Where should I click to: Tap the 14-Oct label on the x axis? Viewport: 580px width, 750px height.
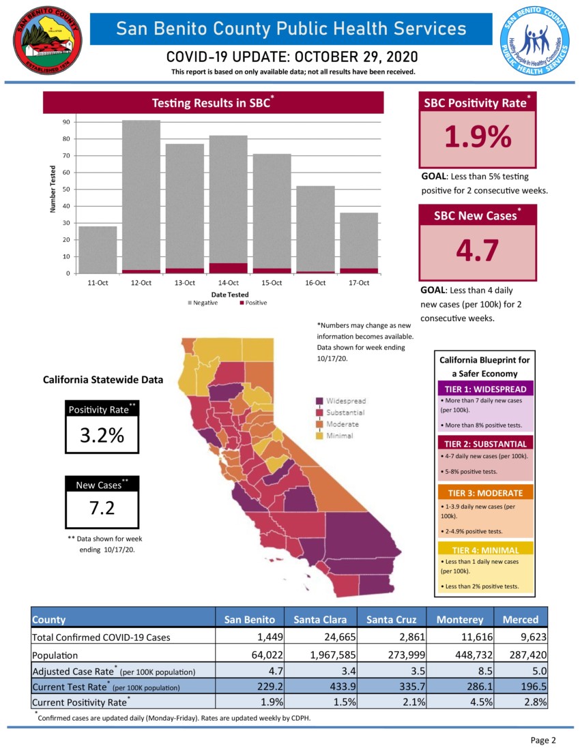coord(228,282)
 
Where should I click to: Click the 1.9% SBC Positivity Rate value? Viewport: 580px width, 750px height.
coord(478,137)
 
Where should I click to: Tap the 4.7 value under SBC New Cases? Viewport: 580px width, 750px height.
coord(478,250)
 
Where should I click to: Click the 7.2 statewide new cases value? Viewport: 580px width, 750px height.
coord(102,508)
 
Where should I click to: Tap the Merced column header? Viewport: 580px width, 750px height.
coord(521,619)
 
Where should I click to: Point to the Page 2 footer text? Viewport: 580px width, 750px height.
coord(543,740)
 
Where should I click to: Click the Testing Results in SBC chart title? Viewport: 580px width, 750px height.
coord(214,103)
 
